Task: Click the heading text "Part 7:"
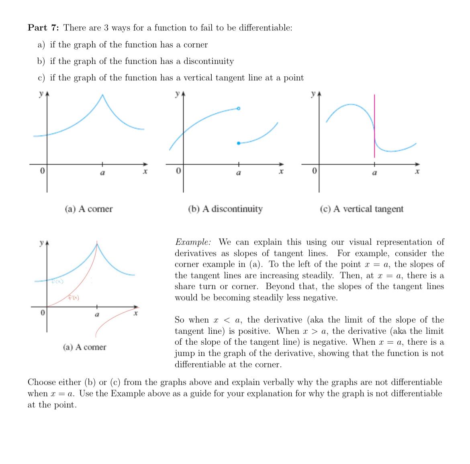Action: coord(43,28)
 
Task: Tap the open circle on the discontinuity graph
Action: coord(238,108)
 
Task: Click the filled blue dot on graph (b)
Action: coord(239,143)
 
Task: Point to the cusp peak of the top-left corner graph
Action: coord(102,95)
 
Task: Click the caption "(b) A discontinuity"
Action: coord(225,209)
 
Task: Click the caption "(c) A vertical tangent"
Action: coord(362,209)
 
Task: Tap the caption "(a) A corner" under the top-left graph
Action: coord(89,209)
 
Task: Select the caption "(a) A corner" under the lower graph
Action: coord(85,347)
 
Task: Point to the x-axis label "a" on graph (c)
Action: coord(374,173)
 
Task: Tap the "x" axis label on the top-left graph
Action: coord(145,172)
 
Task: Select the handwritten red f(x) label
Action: coord(74,298)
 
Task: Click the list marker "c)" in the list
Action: coord(41,78)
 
